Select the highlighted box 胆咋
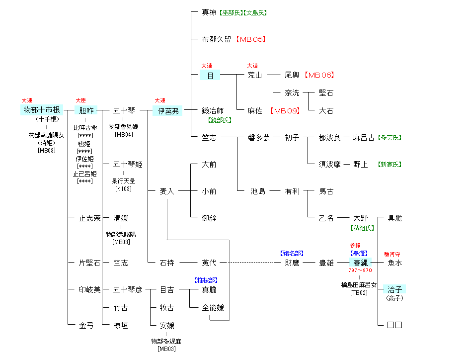86,110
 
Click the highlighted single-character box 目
210,75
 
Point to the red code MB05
251,39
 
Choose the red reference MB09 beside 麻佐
285,111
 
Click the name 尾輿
292,75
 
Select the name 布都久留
216,39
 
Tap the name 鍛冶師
213,111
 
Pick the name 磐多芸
259,138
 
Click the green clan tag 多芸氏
390,138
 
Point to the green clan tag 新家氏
390,165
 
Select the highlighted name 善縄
360,263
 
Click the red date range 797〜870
360,270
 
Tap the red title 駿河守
392,254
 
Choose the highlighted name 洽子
394,289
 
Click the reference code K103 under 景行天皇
123,188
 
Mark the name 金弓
86,326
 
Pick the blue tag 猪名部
292,254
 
